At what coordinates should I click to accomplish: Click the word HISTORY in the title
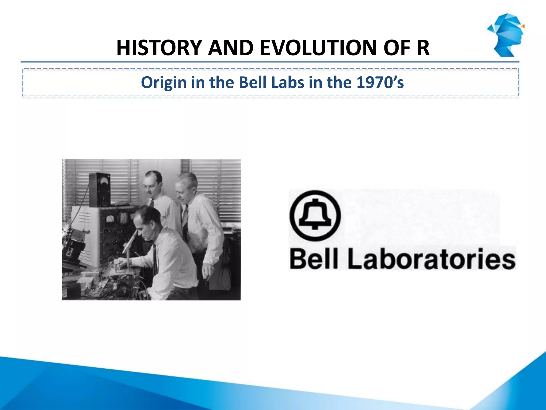[x=159, y=48]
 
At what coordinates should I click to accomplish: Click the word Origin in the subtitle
[x=164, y=83]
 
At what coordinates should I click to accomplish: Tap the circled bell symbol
[x=315, y=215]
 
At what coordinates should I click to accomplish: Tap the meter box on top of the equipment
[x=100, y=190]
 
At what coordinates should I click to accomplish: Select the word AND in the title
[x=231, y=48]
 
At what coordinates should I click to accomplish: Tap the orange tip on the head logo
[x=523, y=26]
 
